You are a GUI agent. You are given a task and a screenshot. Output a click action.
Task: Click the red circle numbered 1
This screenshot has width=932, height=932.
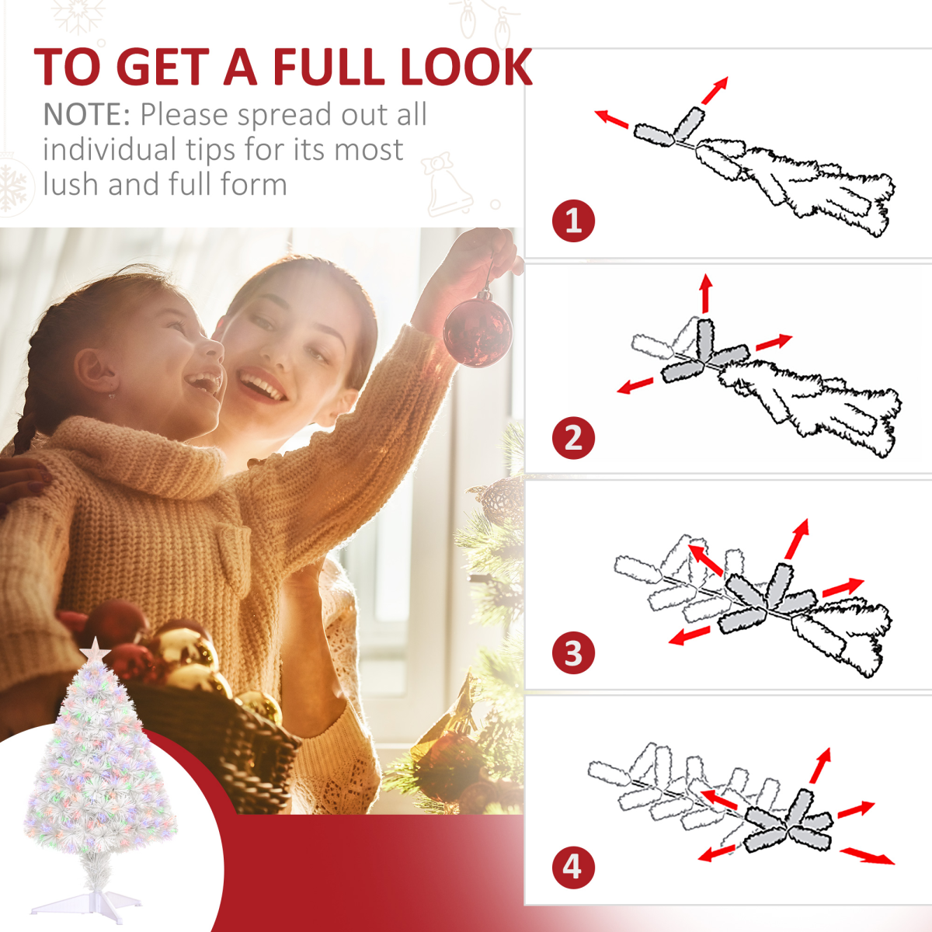pos(573,221)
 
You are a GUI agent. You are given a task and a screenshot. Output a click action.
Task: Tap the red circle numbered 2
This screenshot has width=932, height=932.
pos(573,438)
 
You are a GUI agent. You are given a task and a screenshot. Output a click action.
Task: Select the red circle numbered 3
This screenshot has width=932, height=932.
pos(573,652)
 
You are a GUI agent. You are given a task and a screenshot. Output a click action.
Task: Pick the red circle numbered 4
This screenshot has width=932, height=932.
pos(573,868)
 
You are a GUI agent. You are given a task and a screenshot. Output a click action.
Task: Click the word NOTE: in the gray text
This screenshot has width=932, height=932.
pos(87,115)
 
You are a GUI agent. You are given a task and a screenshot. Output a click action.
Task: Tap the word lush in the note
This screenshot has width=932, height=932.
pos(71,184)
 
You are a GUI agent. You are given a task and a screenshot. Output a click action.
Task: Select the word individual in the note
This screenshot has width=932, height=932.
pos(109,149)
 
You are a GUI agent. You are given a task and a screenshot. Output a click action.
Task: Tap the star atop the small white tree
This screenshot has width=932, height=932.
pos(95,649)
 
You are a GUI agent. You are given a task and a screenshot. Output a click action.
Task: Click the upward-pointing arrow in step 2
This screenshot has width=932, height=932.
pos(706,293)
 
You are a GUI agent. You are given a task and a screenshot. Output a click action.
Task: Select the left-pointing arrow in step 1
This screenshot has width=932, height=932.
pos(611,119)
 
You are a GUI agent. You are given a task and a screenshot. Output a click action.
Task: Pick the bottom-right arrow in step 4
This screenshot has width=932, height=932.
pos(868,855)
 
